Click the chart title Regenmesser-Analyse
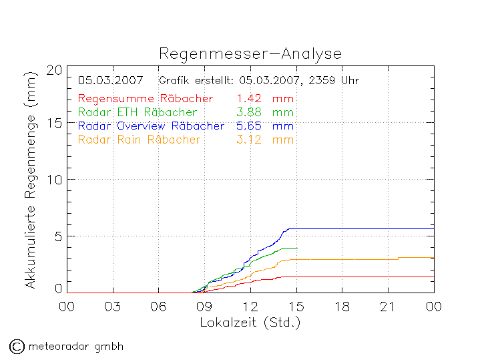coord(250,54)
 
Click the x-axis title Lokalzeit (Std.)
coord(250,322)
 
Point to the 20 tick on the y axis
coord(55,70)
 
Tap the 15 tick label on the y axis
coord(55,124)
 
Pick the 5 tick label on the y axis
coord(59,236)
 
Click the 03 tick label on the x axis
coord(113,307)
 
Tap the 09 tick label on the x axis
coord(204,307)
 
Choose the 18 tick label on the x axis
coord(342,307)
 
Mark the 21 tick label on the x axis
coord(388,307)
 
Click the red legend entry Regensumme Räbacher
coord(146,99)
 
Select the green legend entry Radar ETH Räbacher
coord(138,112)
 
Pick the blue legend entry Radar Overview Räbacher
coord(152,126)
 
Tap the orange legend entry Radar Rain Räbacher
coord(140,140)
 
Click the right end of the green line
coord(296,248)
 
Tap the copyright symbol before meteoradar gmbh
coord(16,346)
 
